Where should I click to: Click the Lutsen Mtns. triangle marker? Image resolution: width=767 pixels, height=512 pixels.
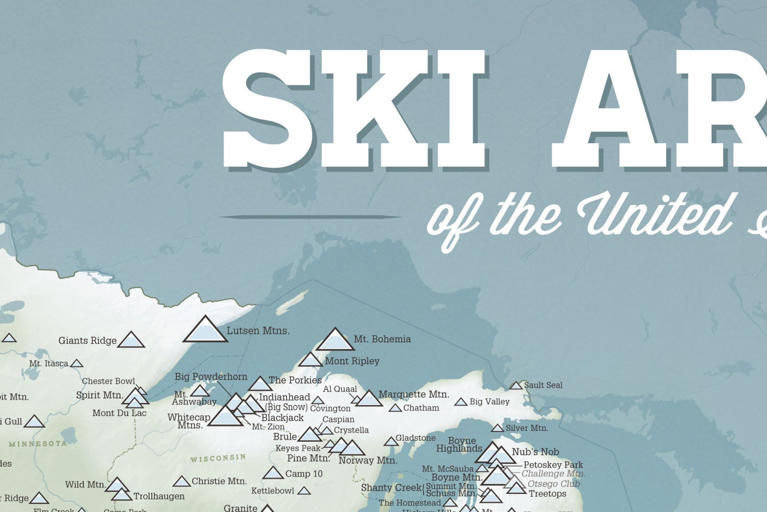pos(205,331)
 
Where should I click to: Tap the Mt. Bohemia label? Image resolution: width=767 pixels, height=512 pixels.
pos(382,339)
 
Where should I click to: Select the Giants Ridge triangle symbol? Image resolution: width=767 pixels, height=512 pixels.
pos(131,340)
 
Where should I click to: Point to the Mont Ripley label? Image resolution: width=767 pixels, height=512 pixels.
pos(352,361)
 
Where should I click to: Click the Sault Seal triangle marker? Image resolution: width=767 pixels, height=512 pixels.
pos(516,386)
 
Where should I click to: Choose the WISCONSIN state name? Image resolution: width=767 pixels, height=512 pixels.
pos(218,457)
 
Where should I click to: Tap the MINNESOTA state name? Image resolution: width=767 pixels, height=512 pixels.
pos(38,443)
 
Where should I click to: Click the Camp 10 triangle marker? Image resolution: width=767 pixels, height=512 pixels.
pos(273,473)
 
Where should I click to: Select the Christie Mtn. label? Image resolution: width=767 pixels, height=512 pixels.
pos(219,481)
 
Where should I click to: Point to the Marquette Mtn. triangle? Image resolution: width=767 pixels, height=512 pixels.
pos(369,399)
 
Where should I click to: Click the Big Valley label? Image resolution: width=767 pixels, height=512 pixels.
pos(489,401)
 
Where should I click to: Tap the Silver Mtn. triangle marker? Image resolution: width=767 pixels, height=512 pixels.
pos(497,428)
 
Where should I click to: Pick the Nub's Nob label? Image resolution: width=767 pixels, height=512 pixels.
pos(535,452)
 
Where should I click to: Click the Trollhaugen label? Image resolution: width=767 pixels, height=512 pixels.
pos(159,496)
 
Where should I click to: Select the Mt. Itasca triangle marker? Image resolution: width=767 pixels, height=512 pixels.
pos(76,364)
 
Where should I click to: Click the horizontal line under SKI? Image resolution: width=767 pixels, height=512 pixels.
pos(311,217)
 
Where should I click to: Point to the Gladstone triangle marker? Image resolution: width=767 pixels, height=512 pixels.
pos(391,441)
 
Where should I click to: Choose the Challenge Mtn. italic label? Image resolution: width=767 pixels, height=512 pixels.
pos(553,474)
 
